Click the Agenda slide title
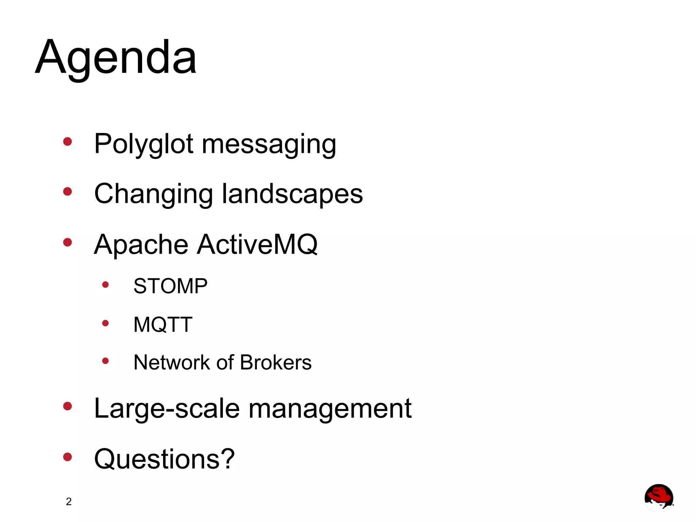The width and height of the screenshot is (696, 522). [x=116, y=58]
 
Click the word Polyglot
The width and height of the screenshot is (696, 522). [x=144, y=144]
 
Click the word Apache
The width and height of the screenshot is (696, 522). [x=141, y=245]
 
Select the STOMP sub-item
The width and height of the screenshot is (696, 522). [x=170, y=286]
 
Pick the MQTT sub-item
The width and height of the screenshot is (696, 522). [x=163, y=324]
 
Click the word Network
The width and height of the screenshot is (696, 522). [x=172, y=362]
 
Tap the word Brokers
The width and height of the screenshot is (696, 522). [x=276, y=362]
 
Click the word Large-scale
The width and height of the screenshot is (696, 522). [x=167, y=409]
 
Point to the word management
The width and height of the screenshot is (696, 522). [x=330, y=409]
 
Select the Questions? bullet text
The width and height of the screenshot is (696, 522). [x=164, y=459]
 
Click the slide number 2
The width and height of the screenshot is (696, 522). [x=69, y=502]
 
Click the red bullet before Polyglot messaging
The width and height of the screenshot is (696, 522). [x=68, y=141]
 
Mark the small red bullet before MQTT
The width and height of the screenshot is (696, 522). [x=105, y=323]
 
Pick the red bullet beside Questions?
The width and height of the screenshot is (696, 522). [x=68, y=457]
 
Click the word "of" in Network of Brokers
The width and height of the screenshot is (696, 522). [x=225, y=362]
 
